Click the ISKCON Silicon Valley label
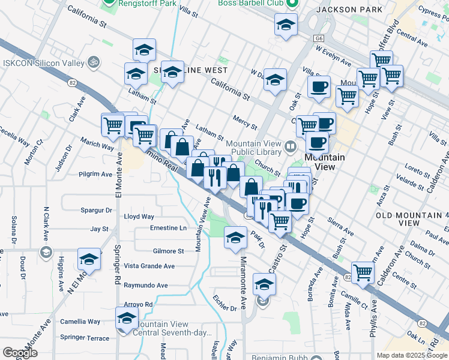(x=41, y=62)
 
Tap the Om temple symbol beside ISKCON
(x=92, y=62)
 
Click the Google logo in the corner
(x=20, y=353)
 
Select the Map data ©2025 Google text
(x=412, y=355)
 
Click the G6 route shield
(x=318, y=38)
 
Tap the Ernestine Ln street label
(x=168, y=228)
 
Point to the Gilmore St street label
(x=168, y=251)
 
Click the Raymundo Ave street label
(x=146, y=285)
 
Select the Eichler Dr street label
(x=225, y=308)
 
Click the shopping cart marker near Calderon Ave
(x=363, y=272)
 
